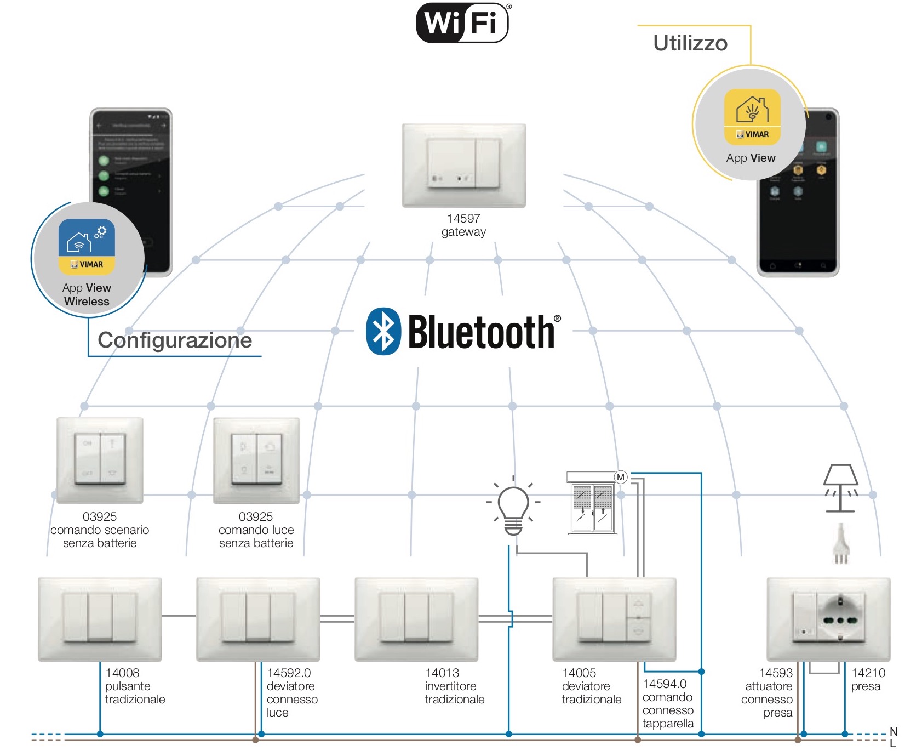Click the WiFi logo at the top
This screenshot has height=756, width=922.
[463, 23]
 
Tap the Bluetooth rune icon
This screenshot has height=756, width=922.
[383, 331]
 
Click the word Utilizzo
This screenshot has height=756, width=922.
[690, 43]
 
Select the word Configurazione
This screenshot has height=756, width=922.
[175, 340]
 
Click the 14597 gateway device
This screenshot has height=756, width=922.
[463, 165]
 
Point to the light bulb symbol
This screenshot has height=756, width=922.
[513, 507]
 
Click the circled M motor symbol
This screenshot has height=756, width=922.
[620, 477]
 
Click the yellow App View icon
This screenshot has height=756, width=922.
[752, 117]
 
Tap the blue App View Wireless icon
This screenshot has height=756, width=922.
[87, 246]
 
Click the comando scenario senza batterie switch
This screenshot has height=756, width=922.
[100, 460]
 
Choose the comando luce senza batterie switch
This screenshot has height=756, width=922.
[256, 460]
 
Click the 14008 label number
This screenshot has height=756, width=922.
[122, 673]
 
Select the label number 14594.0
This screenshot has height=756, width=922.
[665, 684]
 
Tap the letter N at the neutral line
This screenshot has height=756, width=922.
[894, 732]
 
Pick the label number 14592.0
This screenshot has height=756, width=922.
[289, 673]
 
